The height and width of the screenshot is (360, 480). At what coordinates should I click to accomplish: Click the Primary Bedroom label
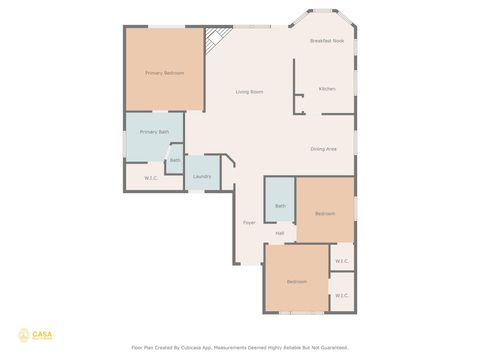click(x=164, y=73)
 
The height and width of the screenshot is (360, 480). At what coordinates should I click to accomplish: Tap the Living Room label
click(x=249, y=92)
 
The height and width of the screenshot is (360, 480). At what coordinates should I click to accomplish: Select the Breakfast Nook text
click(x=326, y=41)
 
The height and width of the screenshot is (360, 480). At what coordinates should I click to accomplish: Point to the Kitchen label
click(x=326, y=89)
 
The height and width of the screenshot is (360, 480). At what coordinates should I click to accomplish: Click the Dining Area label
click(x=323, y=149)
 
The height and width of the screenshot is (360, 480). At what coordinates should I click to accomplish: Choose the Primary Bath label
click(x=154, y=132)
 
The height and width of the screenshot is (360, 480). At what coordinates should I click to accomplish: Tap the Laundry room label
click(x=201, y=176)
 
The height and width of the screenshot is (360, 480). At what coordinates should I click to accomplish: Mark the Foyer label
click(x=249, y=222)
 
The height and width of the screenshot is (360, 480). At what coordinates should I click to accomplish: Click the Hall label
click(x=280, y=233)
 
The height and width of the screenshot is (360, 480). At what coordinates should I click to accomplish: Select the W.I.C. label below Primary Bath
click(x=151, y=178)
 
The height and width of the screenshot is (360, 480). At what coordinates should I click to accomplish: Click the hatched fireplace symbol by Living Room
click(x=213, y=41)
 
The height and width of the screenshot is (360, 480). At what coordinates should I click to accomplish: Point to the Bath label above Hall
click(x=280, y=206)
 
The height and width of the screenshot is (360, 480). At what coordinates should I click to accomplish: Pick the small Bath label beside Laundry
click(x=175, y=160)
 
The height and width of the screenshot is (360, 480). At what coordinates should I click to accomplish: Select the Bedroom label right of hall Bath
click(x=325, y=214)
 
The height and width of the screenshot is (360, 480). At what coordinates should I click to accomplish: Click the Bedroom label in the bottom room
click(x=297, y=282)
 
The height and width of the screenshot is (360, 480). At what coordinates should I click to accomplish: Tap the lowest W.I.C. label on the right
click(x=341, y=296)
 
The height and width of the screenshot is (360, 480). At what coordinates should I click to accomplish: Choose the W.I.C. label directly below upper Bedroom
click(x=341, y=261)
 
